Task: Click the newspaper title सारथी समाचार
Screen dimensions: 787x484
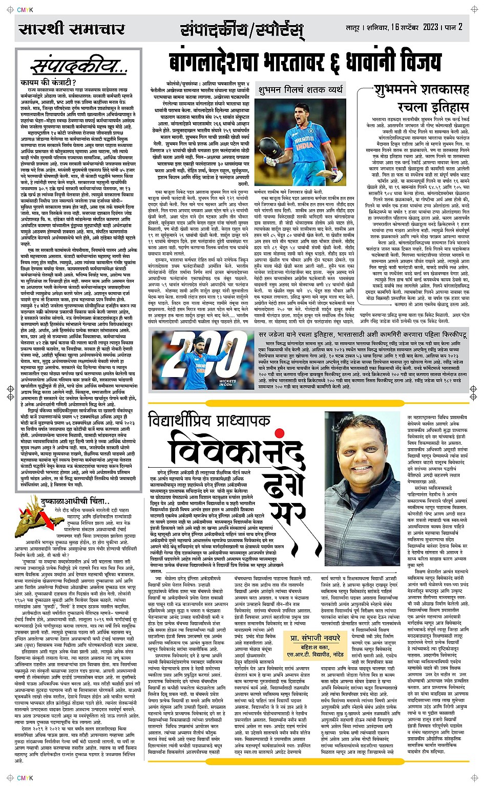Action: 71,28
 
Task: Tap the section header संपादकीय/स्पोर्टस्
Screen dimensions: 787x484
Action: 242,30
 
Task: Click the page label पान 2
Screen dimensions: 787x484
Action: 453,27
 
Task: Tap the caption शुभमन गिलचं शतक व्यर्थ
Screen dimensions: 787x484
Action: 301,90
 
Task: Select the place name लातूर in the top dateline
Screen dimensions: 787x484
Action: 354,27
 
